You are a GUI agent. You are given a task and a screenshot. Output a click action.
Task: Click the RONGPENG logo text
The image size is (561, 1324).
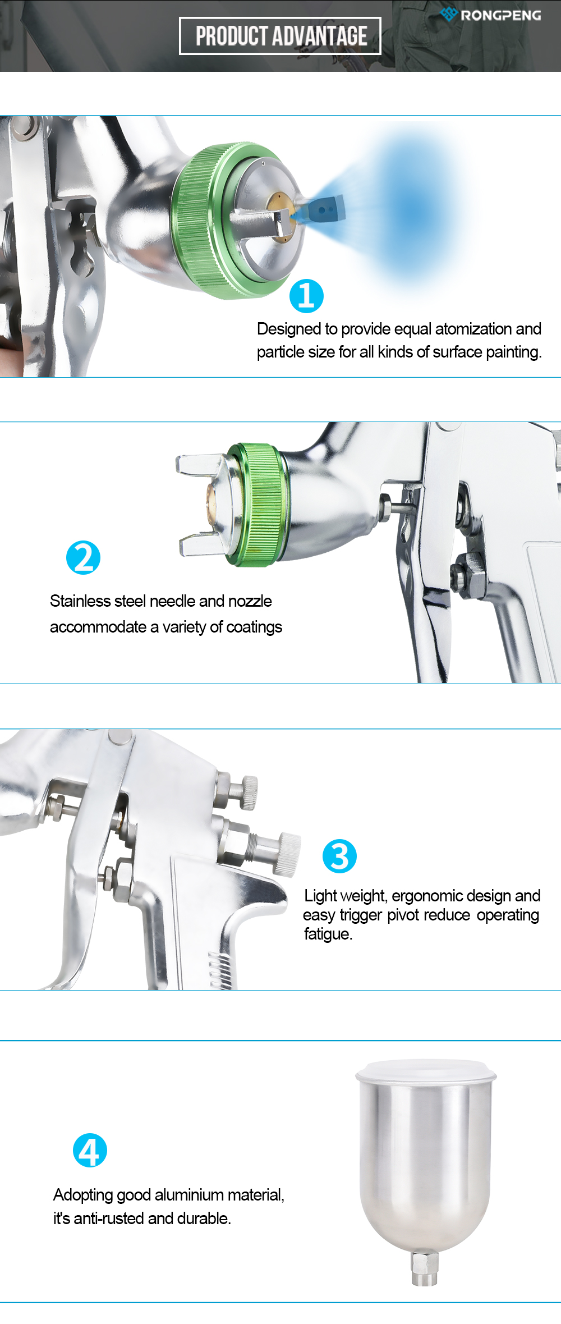[500, 15]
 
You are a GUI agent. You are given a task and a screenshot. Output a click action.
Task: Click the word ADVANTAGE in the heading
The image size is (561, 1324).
[321, 36]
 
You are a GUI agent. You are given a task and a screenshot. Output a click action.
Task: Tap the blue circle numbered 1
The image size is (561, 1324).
[306, 296]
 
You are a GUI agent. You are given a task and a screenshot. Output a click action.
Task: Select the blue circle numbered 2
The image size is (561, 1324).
[83, 557]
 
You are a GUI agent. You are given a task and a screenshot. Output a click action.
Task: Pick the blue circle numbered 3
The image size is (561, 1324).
[339, 856]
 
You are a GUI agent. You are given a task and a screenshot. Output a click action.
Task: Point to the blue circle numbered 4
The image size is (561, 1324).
[90, 1150]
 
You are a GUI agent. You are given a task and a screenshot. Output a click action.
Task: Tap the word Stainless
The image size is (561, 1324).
[80, 601]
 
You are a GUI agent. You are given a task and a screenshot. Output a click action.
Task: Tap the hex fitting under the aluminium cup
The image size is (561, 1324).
[425, 1269]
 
